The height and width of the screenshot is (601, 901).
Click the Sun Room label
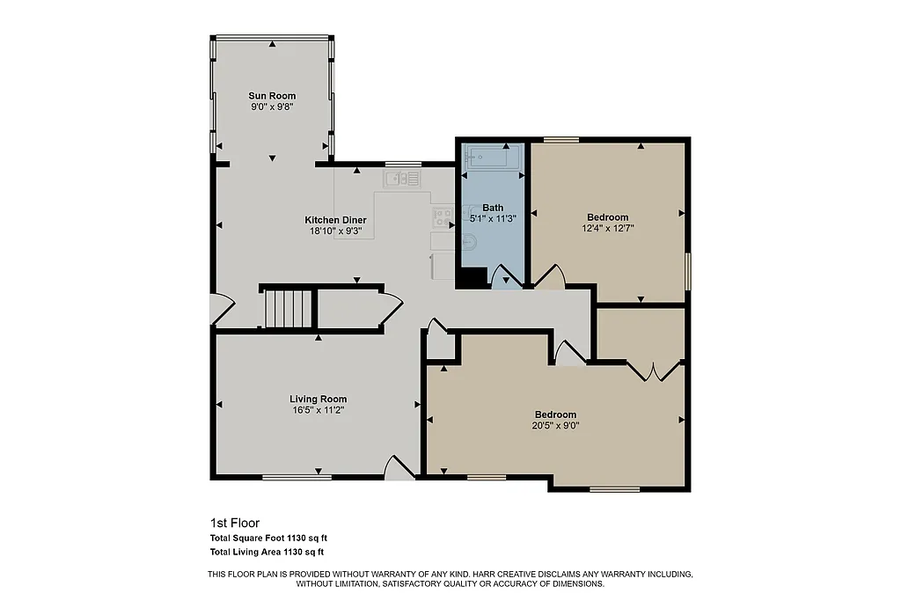pos(272,96)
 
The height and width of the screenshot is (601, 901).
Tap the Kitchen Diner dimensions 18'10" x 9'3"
pos(335,231)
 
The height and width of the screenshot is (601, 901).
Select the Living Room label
pos(319,399)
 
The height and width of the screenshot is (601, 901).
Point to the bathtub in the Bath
pos(493,158)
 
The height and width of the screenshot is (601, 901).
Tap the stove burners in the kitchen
pos(443,215)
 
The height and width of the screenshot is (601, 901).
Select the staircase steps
pos(287,308)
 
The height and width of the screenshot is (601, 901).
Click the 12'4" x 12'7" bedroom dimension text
pos(608,228)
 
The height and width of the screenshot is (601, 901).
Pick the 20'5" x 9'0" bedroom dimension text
pos(556,425)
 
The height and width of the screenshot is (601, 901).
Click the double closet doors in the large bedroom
pos(654,370)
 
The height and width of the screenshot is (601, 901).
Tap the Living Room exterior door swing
pos(400,467)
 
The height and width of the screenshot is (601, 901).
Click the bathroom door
pos(506,279)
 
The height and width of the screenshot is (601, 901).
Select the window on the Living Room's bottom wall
pos(297,477)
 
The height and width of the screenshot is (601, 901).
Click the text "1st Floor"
pos(234,522)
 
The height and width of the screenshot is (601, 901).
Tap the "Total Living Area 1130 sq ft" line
pos(267,552)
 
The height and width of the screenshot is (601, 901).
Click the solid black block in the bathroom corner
pos(472,278)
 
